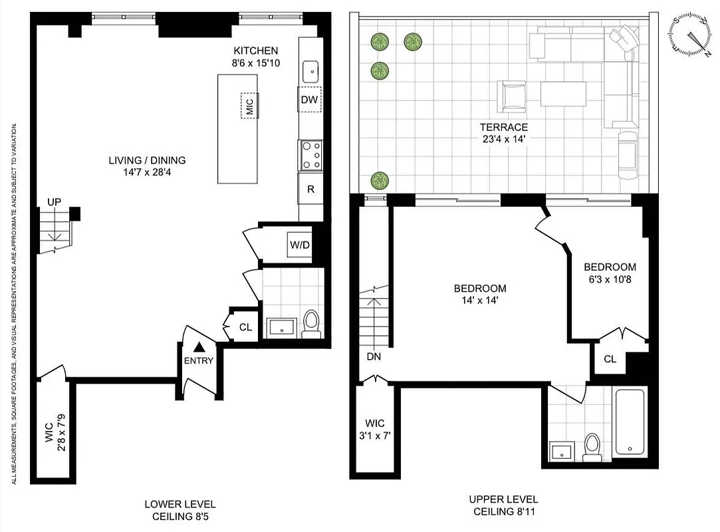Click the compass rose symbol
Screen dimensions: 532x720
click(x=691, y=34)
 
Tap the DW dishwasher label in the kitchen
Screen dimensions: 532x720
click(x=309, y=100)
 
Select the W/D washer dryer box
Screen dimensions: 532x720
click(x=299, y=245)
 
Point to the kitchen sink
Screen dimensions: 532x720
click(x=310, y=70)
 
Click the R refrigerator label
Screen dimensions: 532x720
click(x=310, y=188)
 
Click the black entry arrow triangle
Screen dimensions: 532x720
click(x=199, y=346)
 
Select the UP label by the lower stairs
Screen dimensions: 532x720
click(x=54, y=201)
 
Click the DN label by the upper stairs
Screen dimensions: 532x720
click(x=374, y=356)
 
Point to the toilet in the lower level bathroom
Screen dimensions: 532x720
click(x=310, y=323)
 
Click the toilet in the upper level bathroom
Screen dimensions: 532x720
click(x=592, y=447)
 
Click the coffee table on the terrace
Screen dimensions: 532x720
click(x=563, y=94)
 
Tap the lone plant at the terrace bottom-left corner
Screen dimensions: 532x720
click(x=380, y=180)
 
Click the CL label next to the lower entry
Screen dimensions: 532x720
click(x=245, y=327)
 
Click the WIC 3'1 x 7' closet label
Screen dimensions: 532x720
click(x=374, y=429)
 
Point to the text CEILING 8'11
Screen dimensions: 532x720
click(x=503, y=511)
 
